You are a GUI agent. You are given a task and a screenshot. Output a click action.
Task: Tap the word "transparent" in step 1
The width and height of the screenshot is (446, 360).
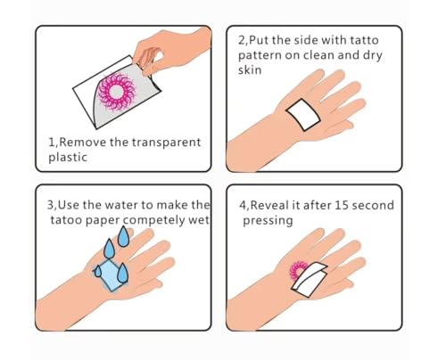point(166,143)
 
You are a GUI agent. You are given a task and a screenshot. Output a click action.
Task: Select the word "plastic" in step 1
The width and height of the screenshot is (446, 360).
point(68,158)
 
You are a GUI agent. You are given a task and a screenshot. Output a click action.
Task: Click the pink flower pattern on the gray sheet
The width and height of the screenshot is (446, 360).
point(116,92)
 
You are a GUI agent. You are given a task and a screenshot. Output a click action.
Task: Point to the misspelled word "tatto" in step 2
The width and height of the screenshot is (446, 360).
point(364,40)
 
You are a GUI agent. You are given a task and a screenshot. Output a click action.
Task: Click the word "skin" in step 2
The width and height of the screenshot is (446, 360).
point(250,70)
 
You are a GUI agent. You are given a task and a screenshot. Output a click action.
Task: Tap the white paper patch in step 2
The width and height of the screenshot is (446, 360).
point(303,115)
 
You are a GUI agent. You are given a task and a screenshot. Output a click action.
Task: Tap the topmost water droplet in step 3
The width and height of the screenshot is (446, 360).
point(123,236)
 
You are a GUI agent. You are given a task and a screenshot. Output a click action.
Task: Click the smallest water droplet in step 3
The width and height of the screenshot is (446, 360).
point(97,271)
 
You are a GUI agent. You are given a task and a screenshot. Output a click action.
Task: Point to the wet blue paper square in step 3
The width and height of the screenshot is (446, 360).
point(111,275)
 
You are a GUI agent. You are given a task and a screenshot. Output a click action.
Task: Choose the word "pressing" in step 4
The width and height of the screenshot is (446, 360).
point(268,221)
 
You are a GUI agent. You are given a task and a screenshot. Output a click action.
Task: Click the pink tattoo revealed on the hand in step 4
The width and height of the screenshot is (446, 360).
point(297,271)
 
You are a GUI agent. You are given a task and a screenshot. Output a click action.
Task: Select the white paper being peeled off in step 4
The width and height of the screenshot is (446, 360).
point(310,279)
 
